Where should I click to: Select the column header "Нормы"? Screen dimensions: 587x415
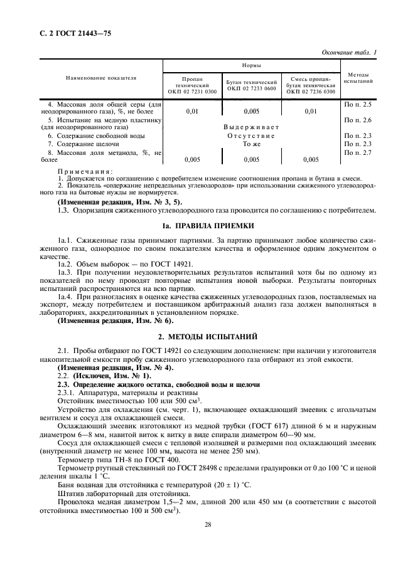pos(252,65)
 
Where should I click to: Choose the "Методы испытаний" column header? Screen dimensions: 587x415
pos(358,78)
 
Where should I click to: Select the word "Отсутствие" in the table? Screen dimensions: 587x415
pos(251,135)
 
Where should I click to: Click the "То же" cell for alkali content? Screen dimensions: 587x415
pos(251,144)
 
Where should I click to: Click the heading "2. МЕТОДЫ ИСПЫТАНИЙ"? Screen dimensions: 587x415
pos(207,337)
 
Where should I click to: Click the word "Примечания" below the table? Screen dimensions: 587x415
pos(85,171)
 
